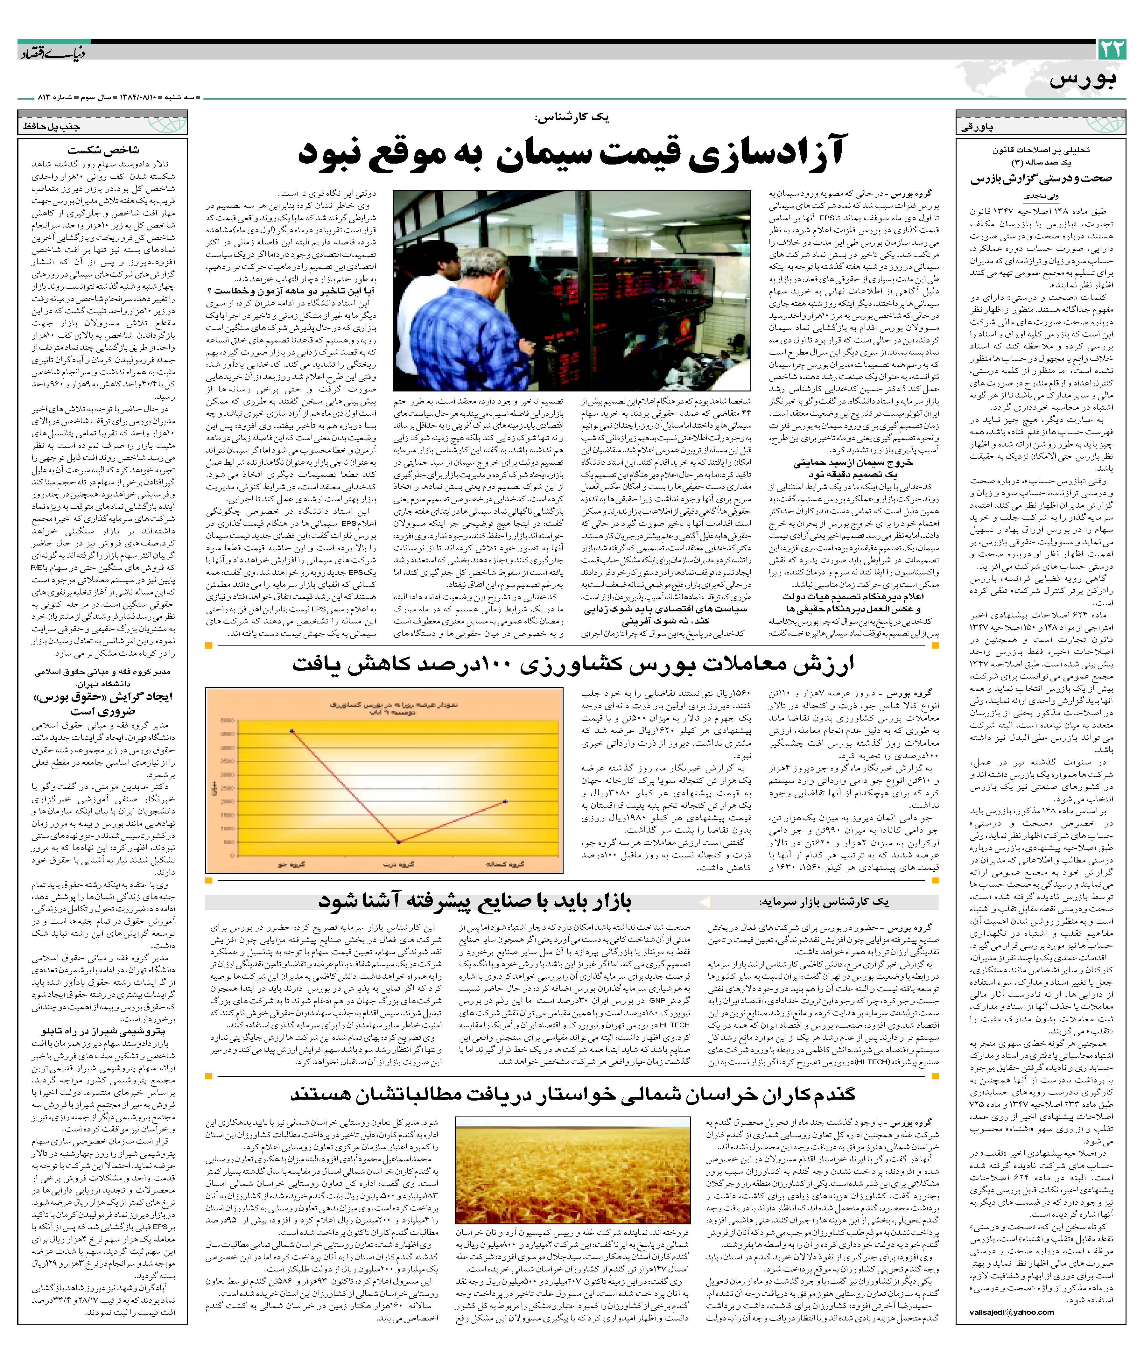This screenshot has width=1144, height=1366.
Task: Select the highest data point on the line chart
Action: pyautogui.click(x=292, y=730)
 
